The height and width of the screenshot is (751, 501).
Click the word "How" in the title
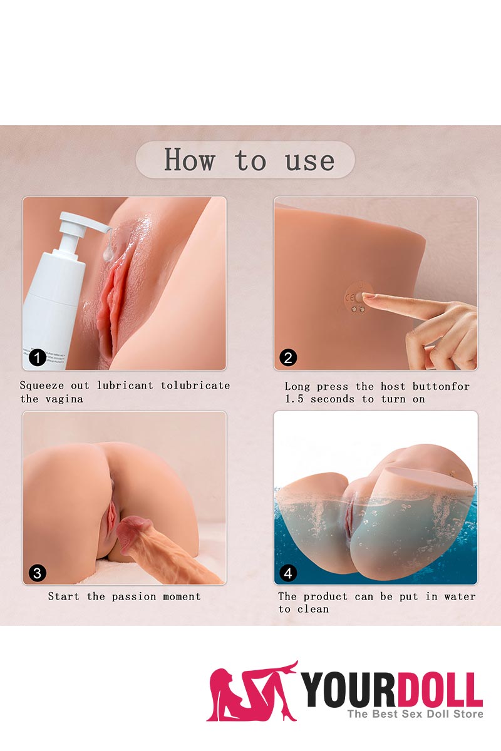point(189,160)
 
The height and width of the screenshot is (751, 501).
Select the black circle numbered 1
point(38,358)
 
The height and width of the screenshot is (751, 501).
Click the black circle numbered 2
point(288,358)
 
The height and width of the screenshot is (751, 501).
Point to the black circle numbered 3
point(38,573)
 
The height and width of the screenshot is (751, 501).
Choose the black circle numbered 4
point(288,573)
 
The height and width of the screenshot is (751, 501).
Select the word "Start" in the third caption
point(64,596)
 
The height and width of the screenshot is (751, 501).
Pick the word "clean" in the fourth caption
point(312,609)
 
